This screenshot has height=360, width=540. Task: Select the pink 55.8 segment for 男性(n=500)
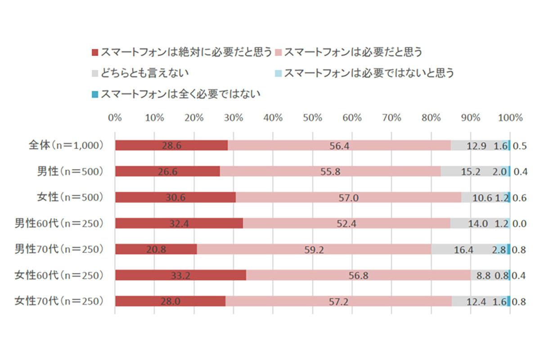pyautogui.click(x=330, y=171)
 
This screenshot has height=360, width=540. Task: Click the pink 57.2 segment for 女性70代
pyautogui.click(x=338, y=301)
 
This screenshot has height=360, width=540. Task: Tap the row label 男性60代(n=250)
pyautogui.click(x=59, y=223)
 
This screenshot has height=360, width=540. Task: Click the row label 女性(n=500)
pyautogui.click(x=70, y=197)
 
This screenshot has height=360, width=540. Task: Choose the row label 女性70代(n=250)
pyautogui.click(x=59, y=301)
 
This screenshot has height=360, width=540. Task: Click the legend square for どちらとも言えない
pyautogui.click(x=94, y=73)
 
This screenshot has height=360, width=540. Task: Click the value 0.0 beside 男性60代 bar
pyautogui.click(x=520, y=224)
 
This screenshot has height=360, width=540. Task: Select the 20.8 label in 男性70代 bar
pyautogui.click(x=156, y=250)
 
